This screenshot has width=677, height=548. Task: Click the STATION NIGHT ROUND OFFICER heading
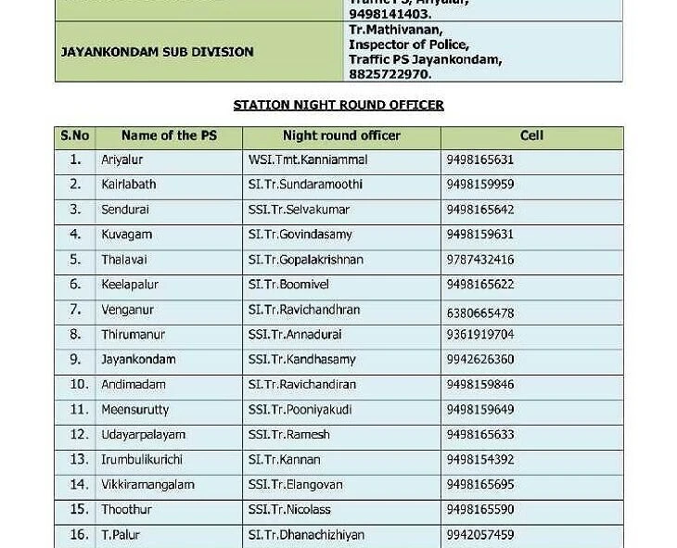(x=338, y=105)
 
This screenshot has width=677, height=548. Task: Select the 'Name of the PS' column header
(x=169, y=135)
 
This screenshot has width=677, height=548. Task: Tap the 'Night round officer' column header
(x=341, y=135)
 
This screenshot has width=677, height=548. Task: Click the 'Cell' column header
(x=531, y=135)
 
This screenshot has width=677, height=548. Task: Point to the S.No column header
(x=75, y=135)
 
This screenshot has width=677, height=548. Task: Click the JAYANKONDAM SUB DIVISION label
(x=157, y=52)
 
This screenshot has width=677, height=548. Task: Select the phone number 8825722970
(x=390, y=73)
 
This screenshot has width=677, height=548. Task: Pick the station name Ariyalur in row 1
(x=122, y=159)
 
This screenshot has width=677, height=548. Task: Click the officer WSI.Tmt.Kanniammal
(x=308, y=159)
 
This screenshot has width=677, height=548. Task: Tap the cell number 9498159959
(x=479, y=185)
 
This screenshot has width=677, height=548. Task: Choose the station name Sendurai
(x=125, y=210)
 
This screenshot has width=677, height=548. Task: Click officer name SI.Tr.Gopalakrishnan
(x=306, y=260)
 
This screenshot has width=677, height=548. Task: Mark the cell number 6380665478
(x=479, y=313)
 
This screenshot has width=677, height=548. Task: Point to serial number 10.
(x=79, y=384)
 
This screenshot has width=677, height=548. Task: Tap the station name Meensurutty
(x=135, y=409)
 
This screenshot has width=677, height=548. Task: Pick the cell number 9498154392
(x=479, y=460)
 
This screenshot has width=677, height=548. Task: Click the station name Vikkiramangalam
(x=147, y=485)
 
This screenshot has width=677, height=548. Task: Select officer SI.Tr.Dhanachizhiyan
(x=306, y=535)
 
